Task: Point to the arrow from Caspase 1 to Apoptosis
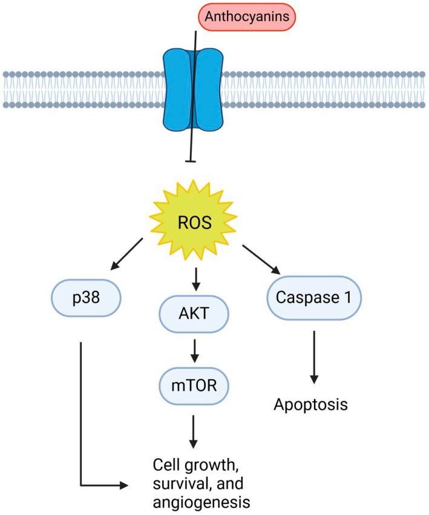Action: [x=314, y=357]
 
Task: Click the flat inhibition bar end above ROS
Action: [x=193, y=161]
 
